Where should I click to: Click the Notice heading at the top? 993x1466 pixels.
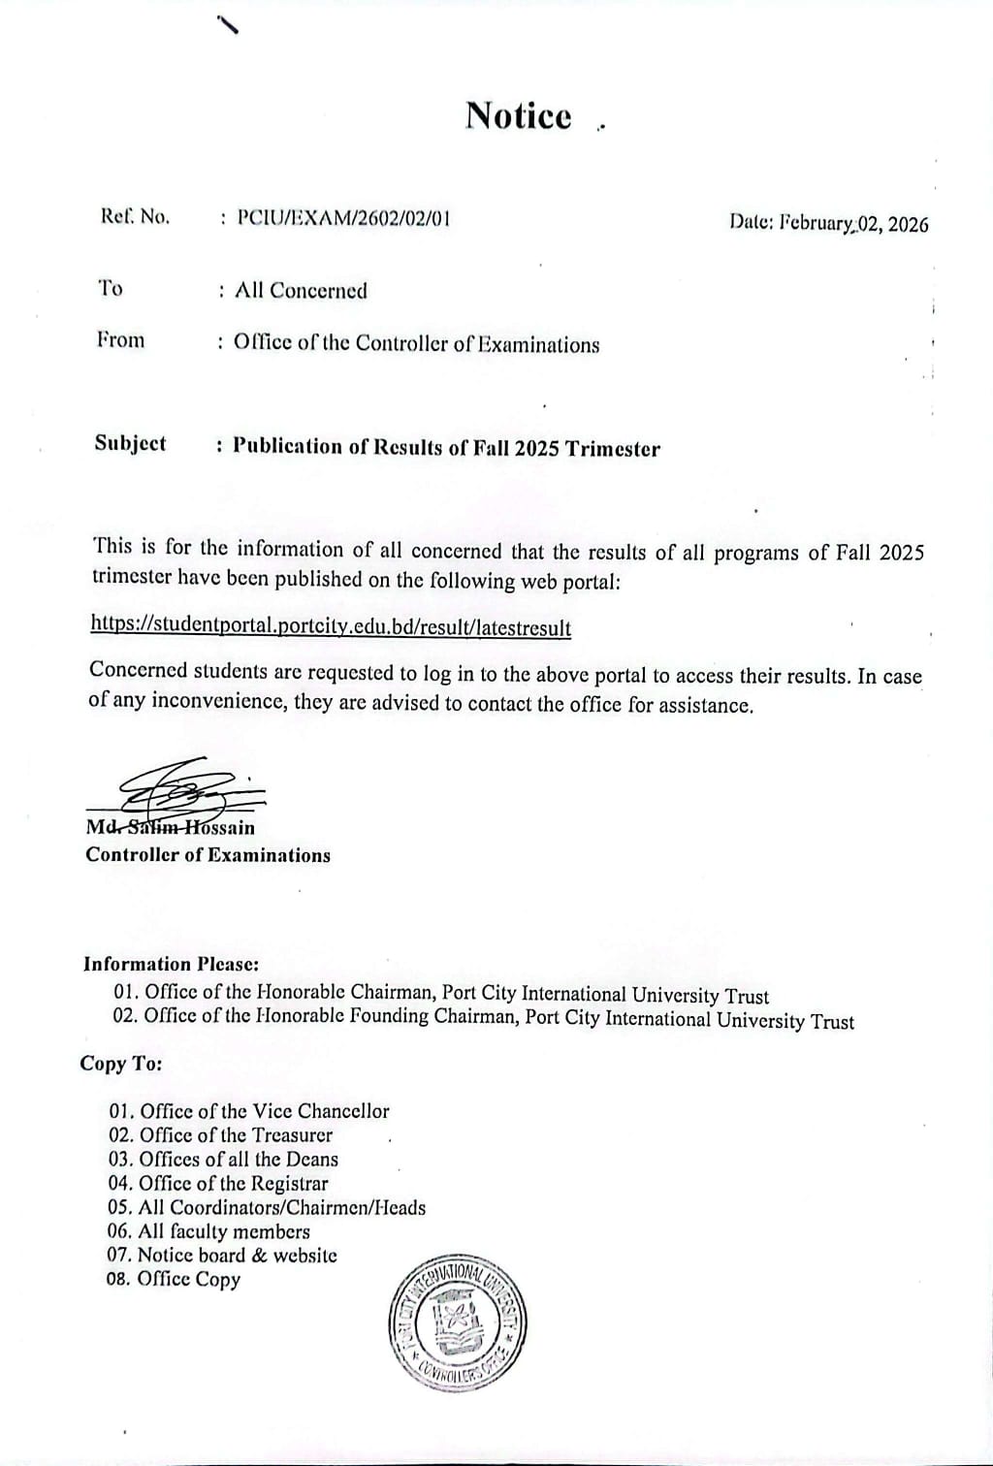(x=519, y=115)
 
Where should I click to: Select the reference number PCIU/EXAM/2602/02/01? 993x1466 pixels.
(x=343, y=218)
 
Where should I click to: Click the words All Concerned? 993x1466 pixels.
(x=301, y=291)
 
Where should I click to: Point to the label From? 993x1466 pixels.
(x=120, y=340)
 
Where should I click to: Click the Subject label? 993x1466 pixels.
(x=130, y=444)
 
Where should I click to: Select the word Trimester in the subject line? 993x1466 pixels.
(x=613, y=449)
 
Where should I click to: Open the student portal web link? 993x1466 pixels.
(x=331, y=626)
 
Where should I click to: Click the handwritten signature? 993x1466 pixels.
(x=184, y=787)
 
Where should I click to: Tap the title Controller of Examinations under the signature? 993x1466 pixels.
(x=208, y=855)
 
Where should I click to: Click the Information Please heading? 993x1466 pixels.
(x=171, y=964)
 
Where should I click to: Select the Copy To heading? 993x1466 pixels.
(x=120, y=1064)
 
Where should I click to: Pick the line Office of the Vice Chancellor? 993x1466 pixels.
(x=249, y=1111)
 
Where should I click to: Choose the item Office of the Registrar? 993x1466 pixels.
(x=219, y=1183)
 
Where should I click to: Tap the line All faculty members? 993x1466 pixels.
(x=209, y=1231)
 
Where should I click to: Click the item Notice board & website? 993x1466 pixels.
(x=223, y=1256)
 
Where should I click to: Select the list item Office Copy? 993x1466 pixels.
(x=175, y=1280)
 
